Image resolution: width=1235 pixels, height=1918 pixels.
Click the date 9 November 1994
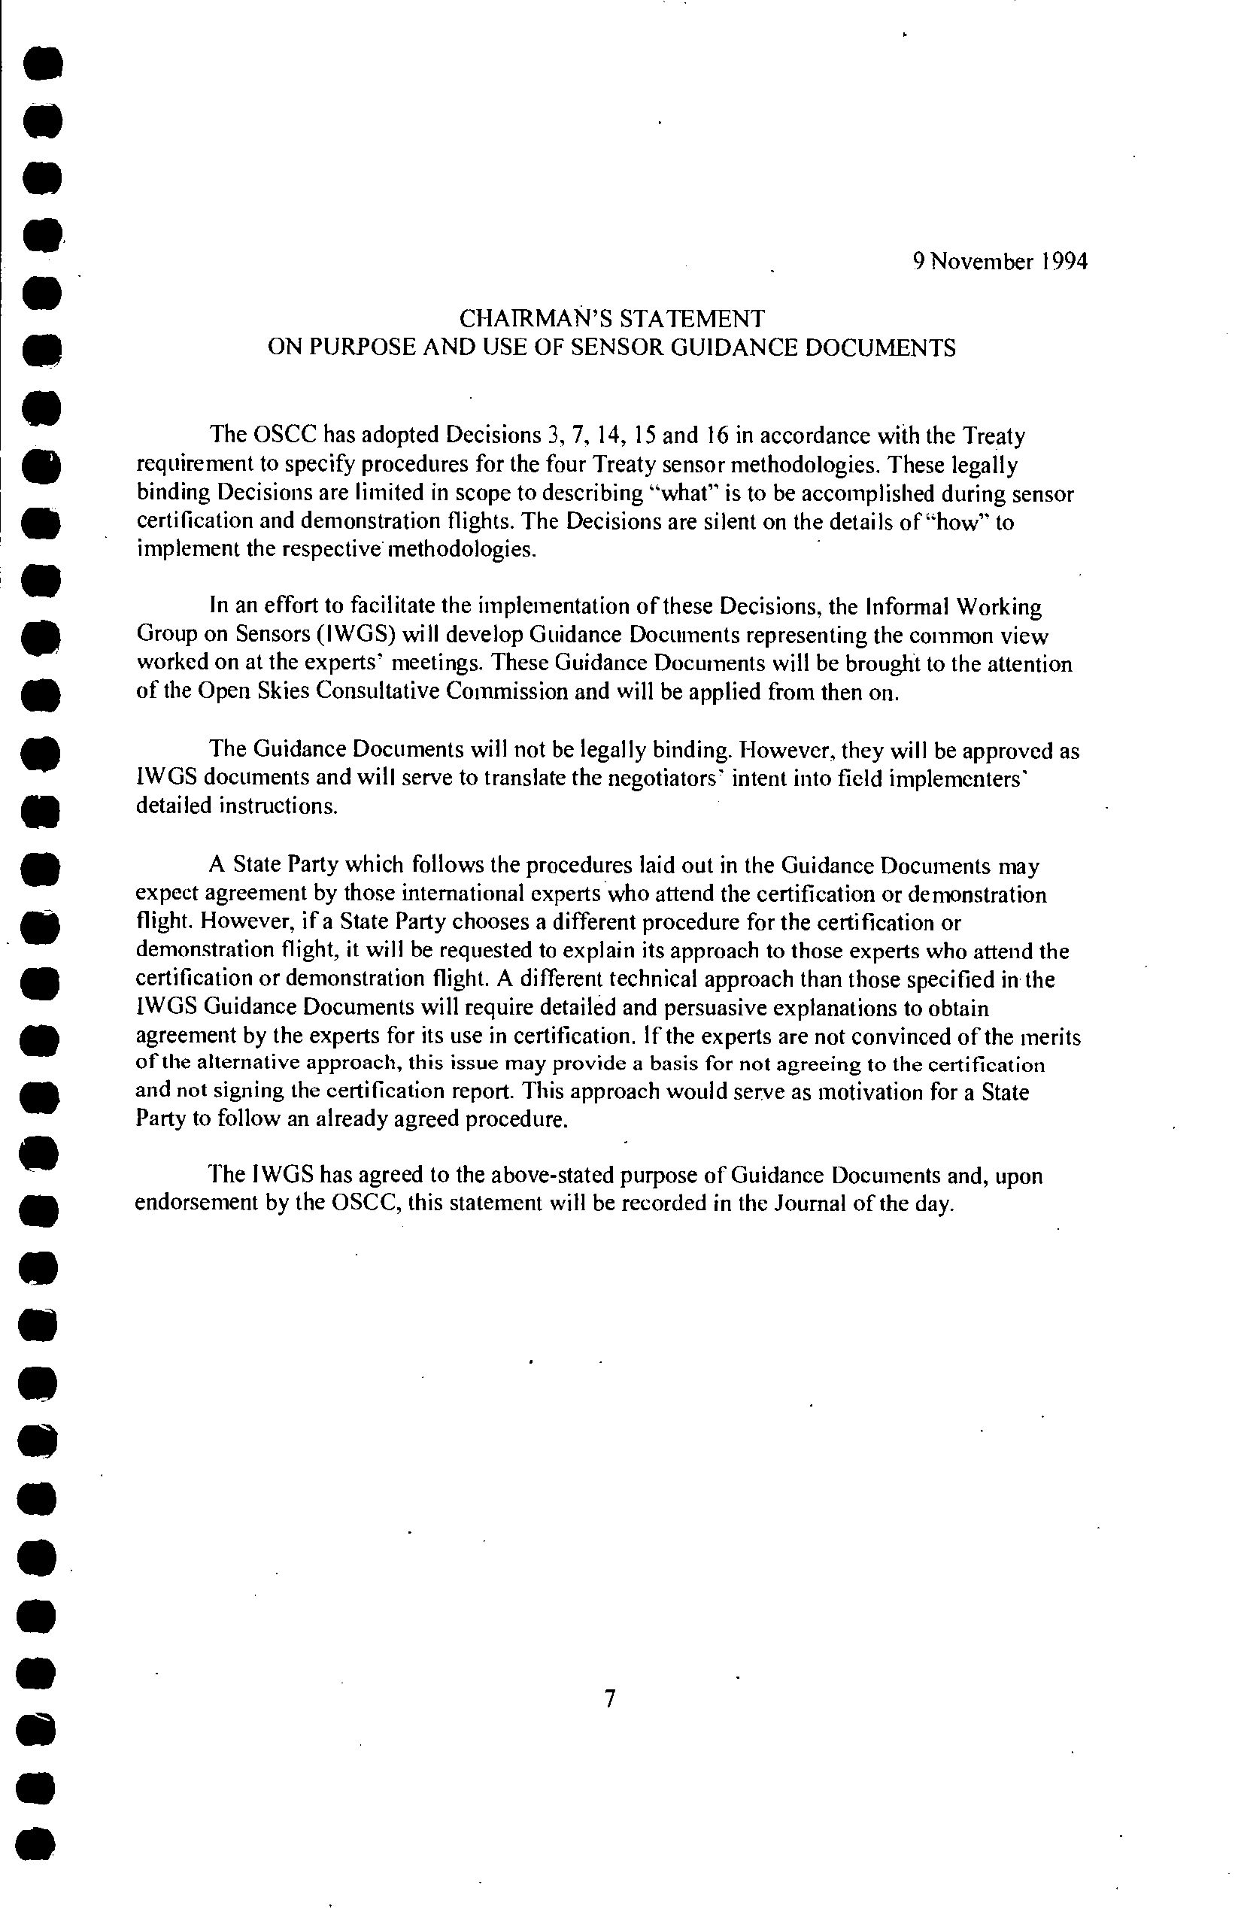tap(1000, 263)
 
